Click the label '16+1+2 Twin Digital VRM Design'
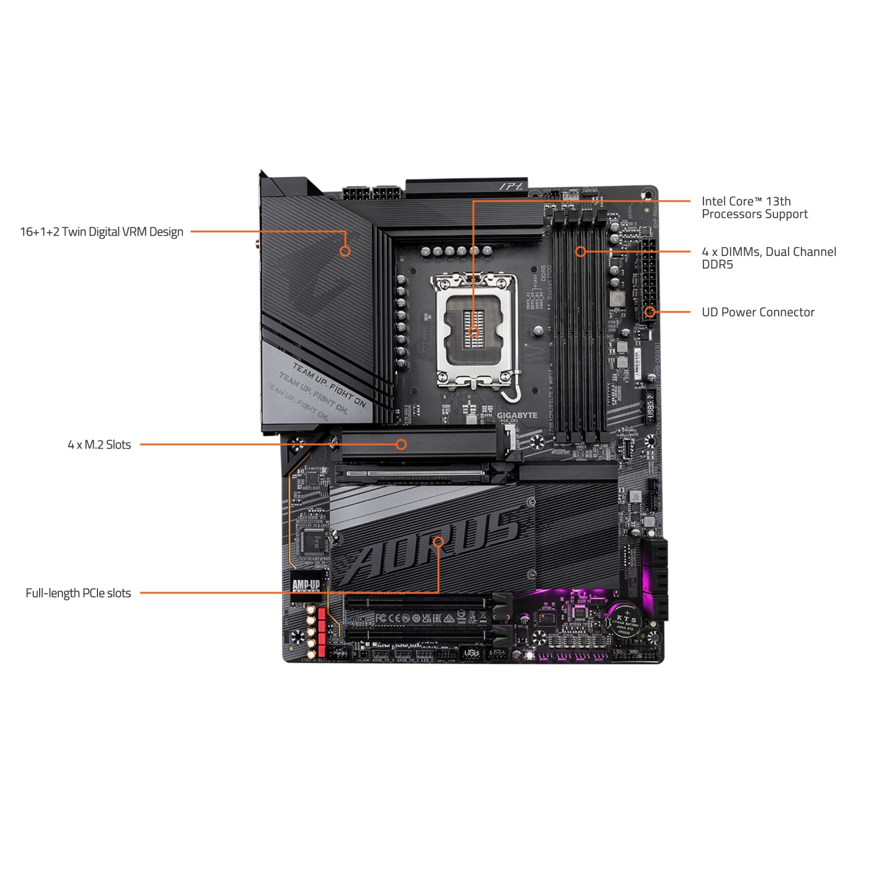pyautogui.click(x=101, y=232)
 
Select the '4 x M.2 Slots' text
pyautogui.click(x=99, y=445)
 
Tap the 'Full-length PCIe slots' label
pyautogui.click(x=78, y=593)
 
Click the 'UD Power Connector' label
pyautogui.click(x=758, y=312)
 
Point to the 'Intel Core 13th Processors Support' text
pyautogui.click(x=754, y=208)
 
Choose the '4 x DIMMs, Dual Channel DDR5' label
pyautogui.click(x=768, y=258)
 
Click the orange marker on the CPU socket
pyautogui.click(x=474, y=331)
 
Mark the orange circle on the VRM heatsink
pyautogui.click(x=345, y=251)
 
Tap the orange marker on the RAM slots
pyautogui.click(x=580, y=251)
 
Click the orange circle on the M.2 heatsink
pyautogui.click(x=401, y=444)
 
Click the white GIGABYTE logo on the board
pyautogui.click(x=517, y=415)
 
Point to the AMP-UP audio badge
pyautogui.click(x=306, y=584)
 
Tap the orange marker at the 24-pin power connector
pyautogui.click(x=650, y=312)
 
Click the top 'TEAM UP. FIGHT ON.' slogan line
pyautogui.click(x=330, y=385)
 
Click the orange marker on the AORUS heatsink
pyautogui.click(x=438, y=542)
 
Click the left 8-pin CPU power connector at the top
pyautogui.click(x=356, y=192)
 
